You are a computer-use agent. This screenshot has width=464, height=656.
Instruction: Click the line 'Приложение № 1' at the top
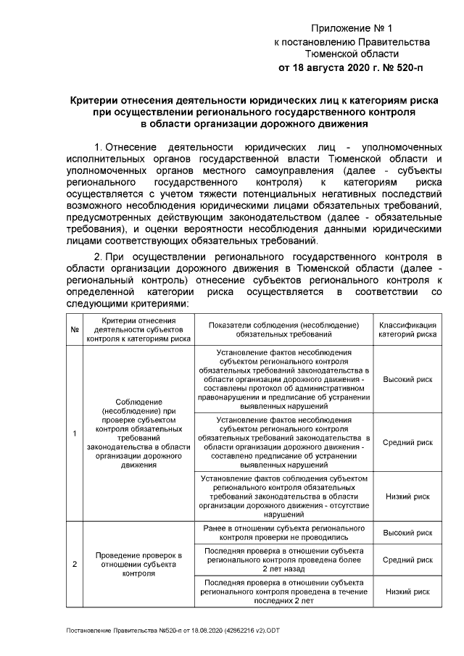coord(351,29)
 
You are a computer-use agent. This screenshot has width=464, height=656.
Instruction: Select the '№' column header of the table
coord(75,328)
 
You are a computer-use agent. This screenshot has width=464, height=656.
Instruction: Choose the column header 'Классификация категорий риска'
coord(407,328)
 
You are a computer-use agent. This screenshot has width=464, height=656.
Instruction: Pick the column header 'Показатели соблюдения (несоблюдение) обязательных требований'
coord(283,328)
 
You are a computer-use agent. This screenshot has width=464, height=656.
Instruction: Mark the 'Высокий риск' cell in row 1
coord(407,379)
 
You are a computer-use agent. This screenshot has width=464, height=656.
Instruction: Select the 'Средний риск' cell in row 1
coord(407,441)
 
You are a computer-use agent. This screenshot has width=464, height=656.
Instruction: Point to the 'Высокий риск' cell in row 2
coord(407,533)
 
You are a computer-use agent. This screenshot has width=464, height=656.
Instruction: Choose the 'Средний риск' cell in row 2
coord(407,560)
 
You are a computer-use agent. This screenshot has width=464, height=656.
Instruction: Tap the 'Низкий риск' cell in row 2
coord(407,591)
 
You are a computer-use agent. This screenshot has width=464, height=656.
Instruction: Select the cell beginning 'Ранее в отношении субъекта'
coord(283,533)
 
